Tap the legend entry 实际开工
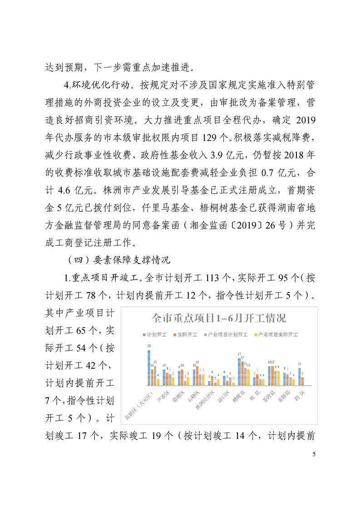(187, 335)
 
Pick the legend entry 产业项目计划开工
(225, 335)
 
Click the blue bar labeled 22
(149, 367)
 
